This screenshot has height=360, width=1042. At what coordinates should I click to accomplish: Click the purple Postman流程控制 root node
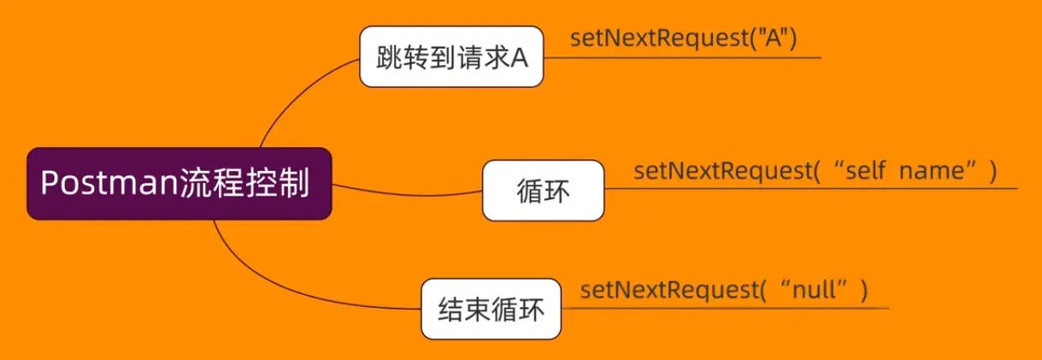coord(179,184)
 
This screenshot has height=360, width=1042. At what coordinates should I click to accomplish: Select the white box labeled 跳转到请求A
coord(451,56)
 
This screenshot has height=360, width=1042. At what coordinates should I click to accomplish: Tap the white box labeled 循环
coord(543,190)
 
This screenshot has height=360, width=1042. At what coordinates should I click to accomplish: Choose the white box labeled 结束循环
coord(491,308)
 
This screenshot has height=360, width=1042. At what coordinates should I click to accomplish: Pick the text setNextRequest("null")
coord(723,291)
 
